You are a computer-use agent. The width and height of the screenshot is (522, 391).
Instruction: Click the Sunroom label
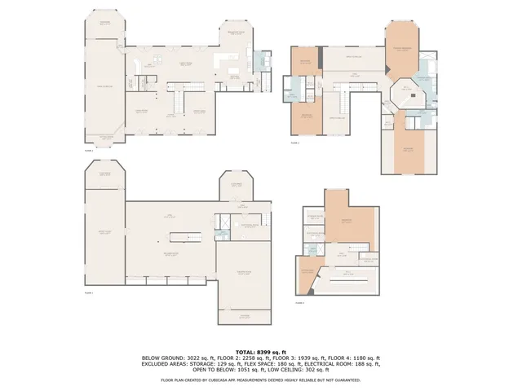104,22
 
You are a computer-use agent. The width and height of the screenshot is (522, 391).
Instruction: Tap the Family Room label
104,86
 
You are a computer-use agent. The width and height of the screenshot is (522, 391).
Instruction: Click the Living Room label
140,111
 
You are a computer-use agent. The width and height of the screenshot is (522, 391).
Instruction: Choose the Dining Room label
198,111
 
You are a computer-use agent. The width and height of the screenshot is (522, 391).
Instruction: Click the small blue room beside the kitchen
263,62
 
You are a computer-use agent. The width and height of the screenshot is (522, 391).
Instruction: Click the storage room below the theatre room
243,316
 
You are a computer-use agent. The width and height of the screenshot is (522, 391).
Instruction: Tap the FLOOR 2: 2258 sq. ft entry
240,358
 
